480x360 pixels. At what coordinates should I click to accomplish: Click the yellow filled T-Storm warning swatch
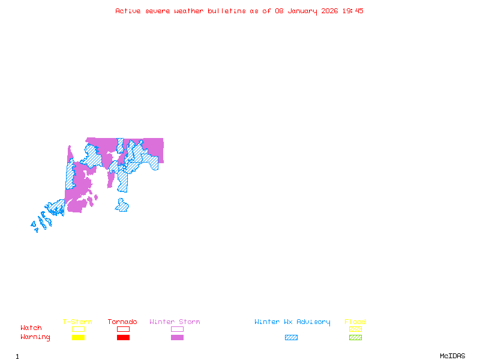pyautogui.click(x=78, y=338)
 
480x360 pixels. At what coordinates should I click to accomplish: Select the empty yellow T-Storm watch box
pyautogui.click(x=78, y=329)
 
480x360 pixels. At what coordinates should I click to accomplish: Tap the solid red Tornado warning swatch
pyautogui.click(x=123, y=338)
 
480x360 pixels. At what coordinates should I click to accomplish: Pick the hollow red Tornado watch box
pyautogui.click(x=123, y=329)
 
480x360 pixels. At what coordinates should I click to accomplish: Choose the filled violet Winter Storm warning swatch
pyautogui.click(x=177, y=338)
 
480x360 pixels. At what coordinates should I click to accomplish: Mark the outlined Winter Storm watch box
pyautogui.click(x=177, y=329)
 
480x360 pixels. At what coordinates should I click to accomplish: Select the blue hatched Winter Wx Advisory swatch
pyautogui.click(x=291, y=338)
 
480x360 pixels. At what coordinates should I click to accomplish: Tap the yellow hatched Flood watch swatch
pyautogui.click(x=355, y=329)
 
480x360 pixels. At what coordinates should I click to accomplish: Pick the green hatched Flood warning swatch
pyautogui.click(x=355, y=338)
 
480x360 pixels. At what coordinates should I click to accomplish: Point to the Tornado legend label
pyautogui.click(x=122, y=322)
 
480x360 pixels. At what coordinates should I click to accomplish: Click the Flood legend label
pyautogui.click(x=355, y=322)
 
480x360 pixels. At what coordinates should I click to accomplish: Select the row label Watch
pyautogui.click(x=31, y=328)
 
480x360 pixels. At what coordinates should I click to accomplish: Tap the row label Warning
pyautogui.click(x=35, y=337)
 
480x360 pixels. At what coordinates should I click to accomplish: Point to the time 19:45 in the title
pyautogui.click(x=353, y=11)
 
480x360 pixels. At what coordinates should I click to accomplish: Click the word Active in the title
pyautogui.click(x=128, y=11)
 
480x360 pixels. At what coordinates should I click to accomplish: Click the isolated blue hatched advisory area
pyautogui.click(x=122, y=206)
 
